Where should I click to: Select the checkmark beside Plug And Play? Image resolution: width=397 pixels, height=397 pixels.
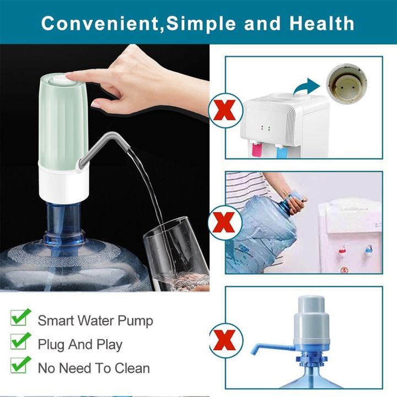pyautogui.click(x=20, y=343)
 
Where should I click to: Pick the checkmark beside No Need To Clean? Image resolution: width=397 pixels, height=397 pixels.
pyautogui.click(x=20, y=366)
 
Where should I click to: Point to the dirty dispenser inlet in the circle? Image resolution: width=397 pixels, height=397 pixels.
pyautogui.click(x=347, y=82)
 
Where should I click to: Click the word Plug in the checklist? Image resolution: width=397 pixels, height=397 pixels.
pyautogui.click(x=51, y=345)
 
